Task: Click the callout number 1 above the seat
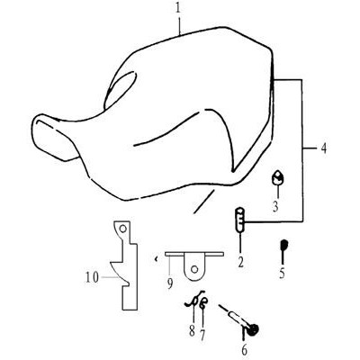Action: point(179,8)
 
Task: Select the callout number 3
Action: point(275,206)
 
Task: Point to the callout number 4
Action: point(323,148)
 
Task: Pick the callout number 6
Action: point(244,350)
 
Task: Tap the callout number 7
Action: point(202,335)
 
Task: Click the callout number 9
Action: point(170,283)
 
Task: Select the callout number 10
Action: point(92,277)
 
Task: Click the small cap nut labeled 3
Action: point(278,177)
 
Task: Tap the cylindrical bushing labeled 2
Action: point(240,220)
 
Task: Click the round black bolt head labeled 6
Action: point(254,329)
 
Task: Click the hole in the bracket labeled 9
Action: point(194,269)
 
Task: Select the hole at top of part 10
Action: point(122,229)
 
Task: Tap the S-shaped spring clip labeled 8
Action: point(194,300)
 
